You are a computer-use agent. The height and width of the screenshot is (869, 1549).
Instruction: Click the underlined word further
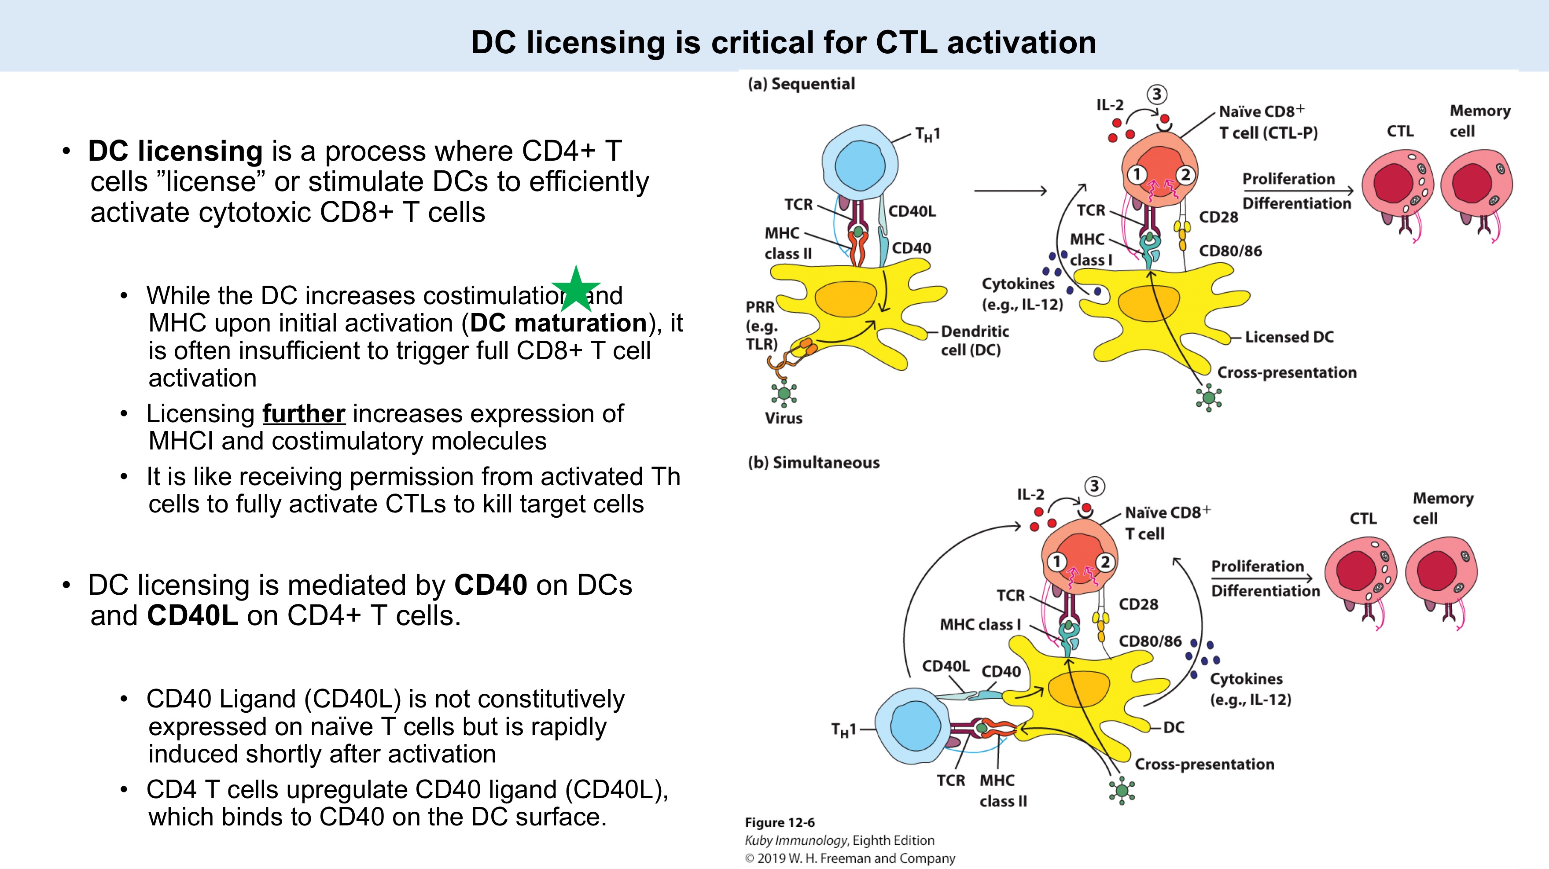304,414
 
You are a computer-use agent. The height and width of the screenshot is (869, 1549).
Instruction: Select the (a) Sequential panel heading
801,84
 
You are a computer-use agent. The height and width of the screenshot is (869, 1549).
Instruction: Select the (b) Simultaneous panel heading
813,463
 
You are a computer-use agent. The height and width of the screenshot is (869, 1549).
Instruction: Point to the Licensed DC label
1288,337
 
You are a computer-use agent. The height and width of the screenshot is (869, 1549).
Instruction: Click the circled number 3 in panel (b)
1094,486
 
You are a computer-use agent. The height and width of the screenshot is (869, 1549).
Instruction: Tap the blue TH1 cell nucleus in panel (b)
915,726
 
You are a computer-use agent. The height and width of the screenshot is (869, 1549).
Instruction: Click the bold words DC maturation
558,324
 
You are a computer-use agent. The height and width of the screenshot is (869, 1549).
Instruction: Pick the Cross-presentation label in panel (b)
1204,764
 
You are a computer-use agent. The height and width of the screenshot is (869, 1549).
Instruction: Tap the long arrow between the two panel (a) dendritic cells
1010,191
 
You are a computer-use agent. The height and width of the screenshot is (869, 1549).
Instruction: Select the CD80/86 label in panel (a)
1230,251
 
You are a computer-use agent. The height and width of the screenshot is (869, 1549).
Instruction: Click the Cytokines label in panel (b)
1246,679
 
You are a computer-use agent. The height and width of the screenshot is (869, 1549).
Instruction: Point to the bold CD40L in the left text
192,616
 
